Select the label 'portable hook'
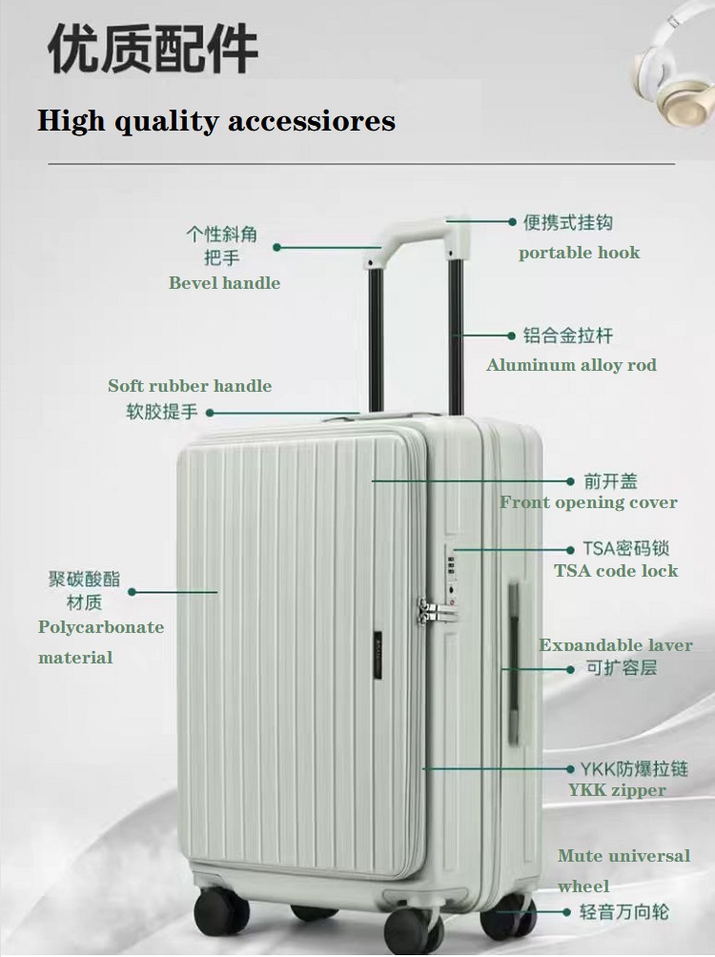click(x=579, y=253)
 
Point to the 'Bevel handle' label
click(x=225, y=282)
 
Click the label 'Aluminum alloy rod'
click(x=571, y=365)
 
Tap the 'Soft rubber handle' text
click(x=190, y=386)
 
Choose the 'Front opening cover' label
click(x=588, y=502)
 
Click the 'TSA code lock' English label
click(x=616, y=571)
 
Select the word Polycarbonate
click(x=101, y=627)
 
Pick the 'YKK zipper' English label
click(x=617, y=790)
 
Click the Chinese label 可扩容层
click(x=622, y=667)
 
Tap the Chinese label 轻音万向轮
click(x=624, y=912)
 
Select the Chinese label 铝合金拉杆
click(x=568, y=336)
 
